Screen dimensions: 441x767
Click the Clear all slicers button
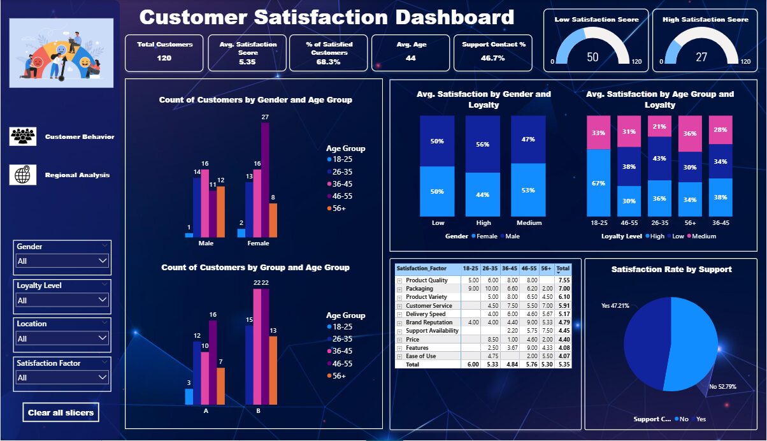(61, 412)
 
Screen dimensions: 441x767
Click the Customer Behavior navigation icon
(23, 136)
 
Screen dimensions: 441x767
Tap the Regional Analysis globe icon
(23, 175)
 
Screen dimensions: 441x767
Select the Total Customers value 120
(164, 58)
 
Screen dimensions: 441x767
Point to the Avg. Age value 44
(411, 58)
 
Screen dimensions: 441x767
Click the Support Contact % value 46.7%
(493, 58)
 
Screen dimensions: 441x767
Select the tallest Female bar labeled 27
(266, 179)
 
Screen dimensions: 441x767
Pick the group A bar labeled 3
(189, 396)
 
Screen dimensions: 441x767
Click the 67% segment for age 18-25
(598, 183)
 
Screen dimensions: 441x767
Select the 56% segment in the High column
(483, 144)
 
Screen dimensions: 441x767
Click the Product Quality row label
(427, 280)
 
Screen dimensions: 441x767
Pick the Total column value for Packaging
(564, 289)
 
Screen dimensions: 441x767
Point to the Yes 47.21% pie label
(615, 305)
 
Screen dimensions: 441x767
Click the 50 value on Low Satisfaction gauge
(592, 57)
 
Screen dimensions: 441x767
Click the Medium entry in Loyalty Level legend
(703, 236)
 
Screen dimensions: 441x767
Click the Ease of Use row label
(421, 356)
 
